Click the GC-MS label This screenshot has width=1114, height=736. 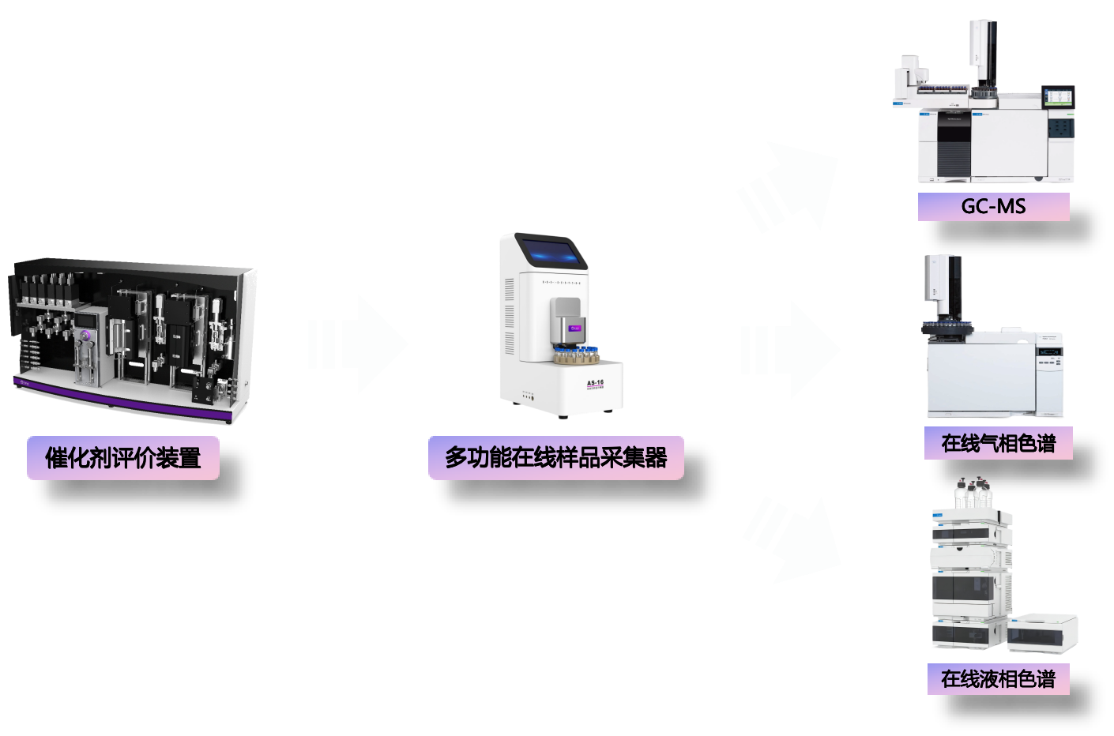click(x=993, y=207)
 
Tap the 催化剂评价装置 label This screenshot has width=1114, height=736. click(x=123, y=458)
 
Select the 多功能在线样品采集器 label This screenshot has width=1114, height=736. click(x=555, y=458)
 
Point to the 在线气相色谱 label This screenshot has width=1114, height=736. click(x=998, y=444)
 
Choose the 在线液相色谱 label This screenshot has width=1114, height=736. click(x=998, y=679)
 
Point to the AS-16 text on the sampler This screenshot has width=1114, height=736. click(x=595, y=383)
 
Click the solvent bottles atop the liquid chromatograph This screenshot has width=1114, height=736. click(x=972, y=494)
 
